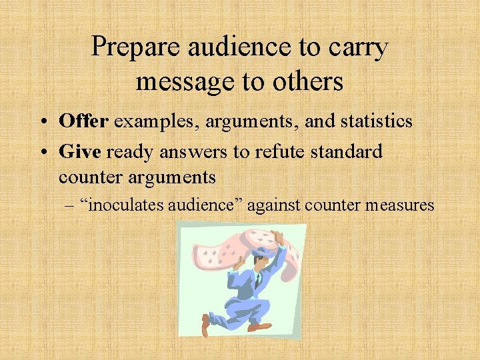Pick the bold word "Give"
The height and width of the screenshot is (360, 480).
tap(79, 151)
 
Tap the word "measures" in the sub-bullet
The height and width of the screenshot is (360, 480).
tap(400, 205)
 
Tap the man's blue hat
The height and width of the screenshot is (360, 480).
tap(261, 251)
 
